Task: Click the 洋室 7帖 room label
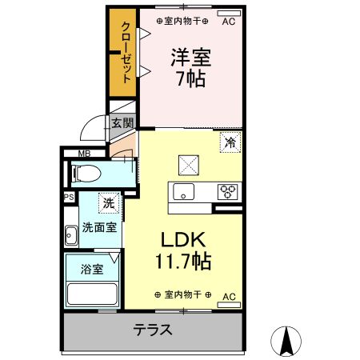pos(191,68)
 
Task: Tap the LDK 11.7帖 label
pos(183,250)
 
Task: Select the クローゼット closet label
pos(126,53)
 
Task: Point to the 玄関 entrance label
pos(122,123)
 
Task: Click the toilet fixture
pos(86,174)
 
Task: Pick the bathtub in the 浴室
pos(92,294)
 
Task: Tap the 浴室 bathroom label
pos(92,270)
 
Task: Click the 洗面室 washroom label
pos(99,227)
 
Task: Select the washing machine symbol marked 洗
pos(109,203)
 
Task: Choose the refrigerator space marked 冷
pos(230,142)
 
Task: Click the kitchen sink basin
pos(183,191)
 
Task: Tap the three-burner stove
pos(227,192)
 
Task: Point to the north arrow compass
pos(286,341)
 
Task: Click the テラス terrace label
pos(153,330)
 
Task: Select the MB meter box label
pos(84,154)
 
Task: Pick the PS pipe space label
pos(69,198)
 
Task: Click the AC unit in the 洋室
pos(229,14)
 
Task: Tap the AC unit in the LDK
pos(229,305)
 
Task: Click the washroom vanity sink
pos(71,235)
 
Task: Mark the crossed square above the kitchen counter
pos(189,165)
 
